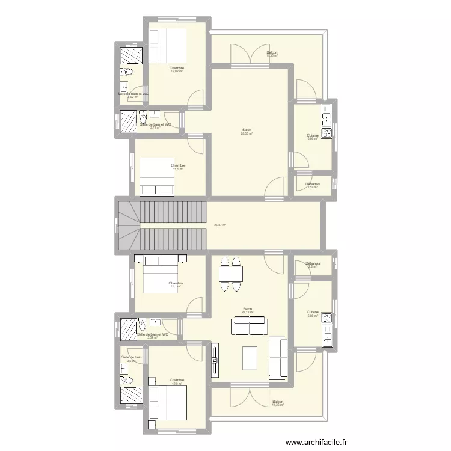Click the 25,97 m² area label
219,226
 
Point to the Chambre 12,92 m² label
177,70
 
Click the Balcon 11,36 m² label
277,403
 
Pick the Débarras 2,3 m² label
312,265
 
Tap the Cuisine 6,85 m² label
312,314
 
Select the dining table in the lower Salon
232,274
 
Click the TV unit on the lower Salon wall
214,360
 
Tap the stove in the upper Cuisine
326,132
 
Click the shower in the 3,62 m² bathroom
131,56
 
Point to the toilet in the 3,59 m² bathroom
142,327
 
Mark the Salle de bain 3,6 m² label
130,359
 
